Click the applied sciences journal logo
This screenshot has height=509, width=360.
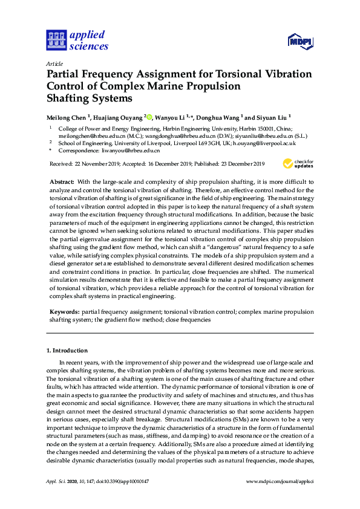[77, 40]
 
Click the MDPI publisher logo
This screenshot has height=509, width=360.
[299, 41]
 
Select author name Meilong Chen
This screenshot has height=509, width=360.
[67, 117]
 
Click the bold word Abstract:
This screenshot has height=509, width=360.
[61, 182]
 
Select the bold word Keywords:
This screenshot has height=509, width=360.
[64, 313]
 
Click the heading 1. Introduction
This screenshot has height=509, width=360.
[67, 351]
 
